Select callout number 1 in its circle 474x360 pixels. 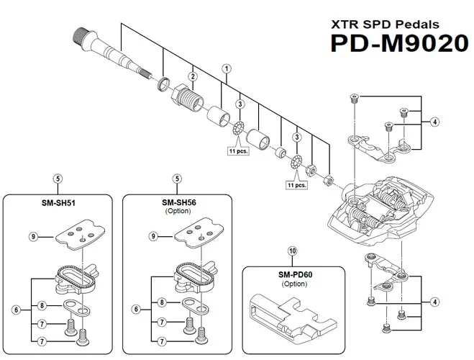[227, 69]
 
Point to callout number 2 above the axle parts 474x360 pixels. [193, 76]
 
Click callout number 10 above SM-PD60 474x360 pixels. [292, 251]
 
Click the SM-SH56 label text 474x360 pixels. [178, 203]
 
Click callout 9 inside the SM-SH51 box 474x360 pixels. [33, 236]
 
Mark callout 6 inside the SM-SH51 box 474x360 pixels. [16, 310]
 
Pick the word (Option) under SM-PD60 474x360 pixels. [292, 284]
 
